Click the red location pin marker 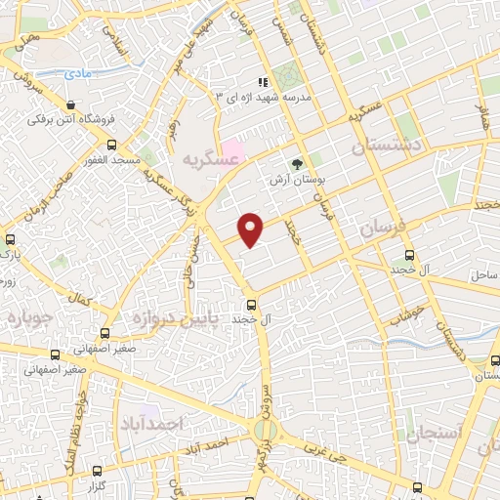pos(252,229)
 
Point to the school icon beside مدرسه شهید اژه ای pos(261,82)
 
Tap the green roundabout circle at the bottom pos(263,430)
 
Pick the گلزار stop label pos(94,485)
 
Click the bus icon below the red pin pos(251,303)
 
